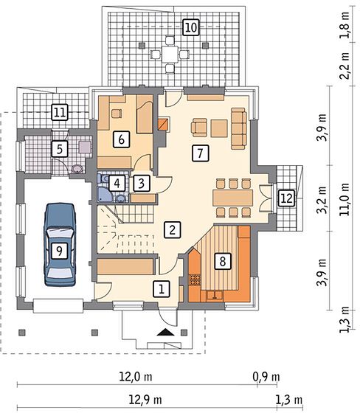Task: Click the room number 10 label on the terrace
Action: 191,27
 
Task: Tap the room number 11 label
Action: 60,112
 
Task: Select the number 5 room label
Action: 60,149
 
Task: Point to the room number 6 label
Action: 121,139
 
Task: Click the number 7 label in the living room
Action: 200,153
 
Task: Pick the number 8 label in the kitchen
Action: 223,262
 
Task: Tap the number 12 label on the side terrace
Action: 287,198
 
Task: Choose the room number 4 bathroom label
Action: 117,183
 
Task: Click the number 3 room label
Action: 142,183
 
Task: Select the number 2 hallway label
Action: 173,229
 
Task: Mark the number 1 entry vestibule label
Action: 162,289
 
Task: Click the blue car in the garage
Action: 60,244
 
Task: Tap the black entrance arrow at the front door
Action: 165,332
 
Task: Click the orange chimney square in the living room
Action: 163,124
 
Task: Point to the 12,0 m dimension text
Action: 136,377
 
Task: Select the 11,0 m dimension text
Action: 345,199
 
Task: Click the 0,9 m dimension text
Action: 266,377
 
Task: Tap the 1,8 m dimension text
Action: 345,25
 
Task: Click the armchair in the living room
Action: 199,128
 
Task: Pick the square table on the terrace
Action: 170,55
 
